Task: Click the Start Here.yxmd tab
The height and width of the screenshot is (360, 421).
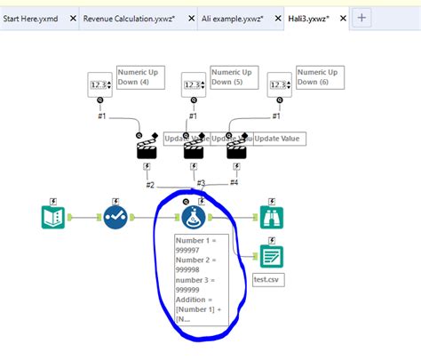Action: pos(37,18)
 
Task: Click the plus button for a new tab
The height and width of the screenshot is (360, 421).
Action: pos(361,18)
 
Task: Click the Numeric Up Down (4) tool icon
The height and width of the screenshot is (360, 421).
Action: pos(102,84)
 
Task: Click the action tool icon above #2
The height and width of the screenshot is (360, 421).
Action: pos(148,148)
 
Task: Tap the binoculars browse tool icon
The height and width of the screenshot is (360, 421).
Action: pos(272,216)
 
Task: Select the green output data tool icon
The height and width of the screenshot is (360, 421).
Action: pos(272,256)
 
